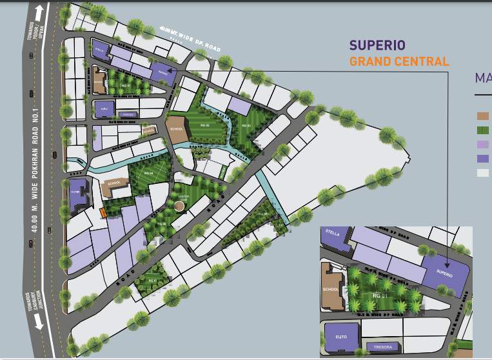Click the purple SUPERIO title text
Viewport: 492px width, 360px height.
377,45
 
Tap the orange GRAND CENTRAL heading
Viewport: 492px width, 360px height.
399,62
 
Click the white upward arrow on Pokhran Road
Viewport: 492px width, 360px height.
40,12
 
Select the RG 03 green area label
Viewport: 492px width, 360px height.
246,126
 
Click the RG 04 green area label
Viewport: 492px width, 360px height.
150,173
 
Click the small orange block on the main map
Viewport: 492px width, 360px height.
103,213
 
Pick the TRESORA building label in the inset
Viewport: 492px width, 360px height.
382,348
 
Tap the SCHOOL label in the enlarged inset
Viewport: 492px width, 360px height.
330,290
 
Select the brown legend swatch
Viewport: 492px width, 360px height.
482,116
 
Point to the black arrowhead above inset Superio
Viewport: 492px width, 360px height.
446,257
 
